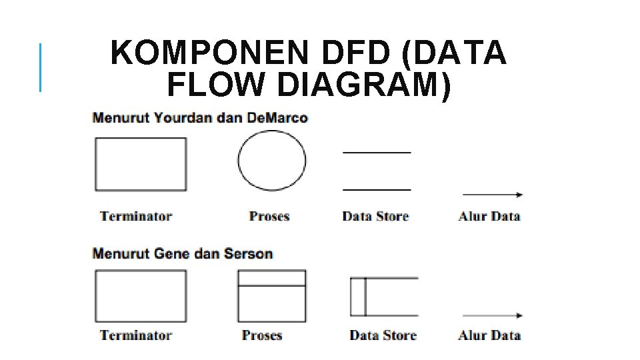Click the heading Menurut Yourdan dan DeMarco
click(x=200, y=118)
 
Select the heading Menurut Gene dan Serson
click(x=183, y=253)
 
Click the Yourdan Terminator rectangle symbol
click(x=141, y=164)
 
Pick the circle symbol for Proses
click(x=272, y=161)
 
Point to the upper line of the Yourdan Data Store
click(x=377, y=153)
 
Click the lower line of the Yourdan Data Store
click(x=377, y=190)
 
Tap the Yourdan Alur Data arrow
click(x=493, y=195)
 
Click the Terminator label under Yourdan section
click(x=136, y=216)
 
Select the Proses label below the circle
click(x=269, y=216)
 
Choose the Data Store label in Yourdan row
click(x=375, y=216)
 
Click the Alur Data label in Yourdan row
click(x=489, y=216)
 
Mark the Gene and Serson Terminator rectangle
click(x=141, y=296)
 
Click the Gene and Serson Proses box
click(x=272, y=296)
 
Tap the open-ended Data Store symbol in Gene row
click(x=384, y=297)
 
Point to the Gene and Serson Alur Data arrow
click(x=493, y=315)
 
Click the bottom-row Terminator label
click(x=136, y=335)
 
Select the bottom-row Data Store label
click(x=383, y=335)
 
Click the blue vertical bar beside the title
click(x=41, y=67)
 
